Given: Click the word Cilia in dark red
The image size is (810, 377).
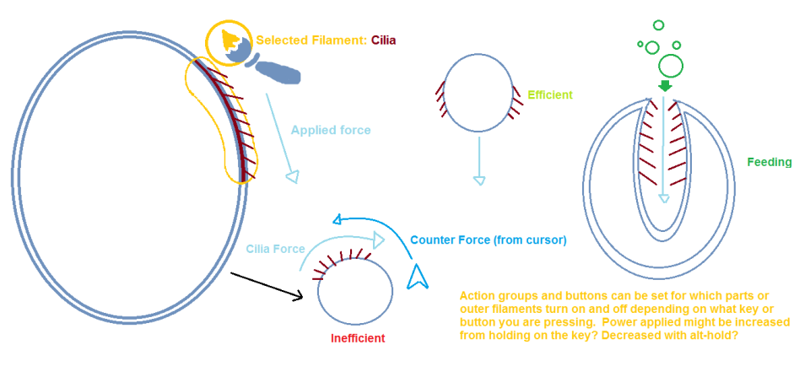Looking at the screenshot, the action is (383, 40).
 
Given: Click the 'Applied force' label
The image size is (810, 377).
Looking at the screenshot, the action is (331, 130).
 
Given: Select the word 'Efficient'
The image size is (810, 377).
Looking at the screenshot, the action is (550, 95).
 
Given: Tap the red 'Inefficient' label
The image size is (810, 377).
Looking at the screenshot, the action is (358, 339).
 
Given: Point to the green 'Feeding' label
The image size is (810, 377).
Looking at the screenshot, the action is (769, 162).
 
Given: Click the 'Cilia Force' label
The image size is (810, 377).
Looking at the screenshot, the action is (275, 249).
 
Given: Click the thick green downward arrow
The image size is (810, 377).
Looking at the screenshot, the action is (665, 86).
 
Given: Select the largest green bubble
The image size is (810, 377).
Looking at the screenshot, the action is (671, 66).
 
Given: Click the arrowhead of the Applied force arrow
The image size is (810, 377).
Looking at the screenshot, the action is (293, 176).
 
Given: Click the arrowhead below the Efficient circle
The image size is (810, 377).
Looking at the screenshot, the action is (479, 180).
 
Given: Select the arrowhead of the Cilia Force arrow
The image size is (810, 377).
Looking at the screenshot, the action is (378, 240).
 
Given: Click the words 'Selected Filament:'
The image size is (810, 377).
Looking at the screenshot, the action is (311, 40).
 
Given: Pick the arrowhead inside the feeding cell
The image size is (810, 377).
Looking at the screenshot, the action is (664, 199).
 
